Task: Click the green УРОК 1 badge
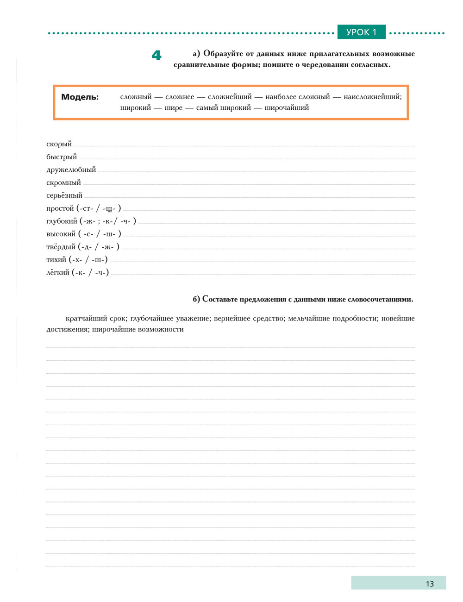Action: pyautogui.click(x=361, y=32)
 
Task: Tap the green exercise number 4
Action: pyautogui.click(x=156, y=56)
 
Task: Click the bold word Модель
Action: pyautogui.click(x=80, y=97)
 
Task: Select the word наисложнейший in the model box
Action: pyautogui.click(x=372, y=97)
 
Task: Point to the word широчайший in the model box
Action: pyautogui.click(x=287, y=108)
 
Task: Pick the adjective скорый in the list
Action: pyautogui.click(x=59, y=144)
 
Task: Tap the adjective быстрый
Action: pyautogui.click(x=62, y=157)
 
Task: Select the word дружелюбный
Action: pyautogui.click(x=71, y=170)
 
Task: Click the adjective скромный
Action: pyautogui.click(x=63, y=182)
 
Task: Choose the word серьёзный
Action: pyautogui.click(x=64, y=195)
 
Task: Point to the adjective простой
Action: pyautogui.click(x=60, y=208)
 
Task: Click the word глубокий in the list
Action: pyautogui.click(x=62, y=221)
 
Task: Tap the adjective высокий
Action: pyautogui.click(x=61, y=234)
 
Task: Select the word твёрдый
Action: pyautogui.click(x=61, y=247)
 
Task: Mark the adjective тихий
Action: pyautogui.click(x=56, y=260)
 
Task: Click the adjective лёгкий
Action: pyautogui.click(x=58, y=273)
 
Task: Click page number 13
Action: pyautogui.click(x=430, y=583)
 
